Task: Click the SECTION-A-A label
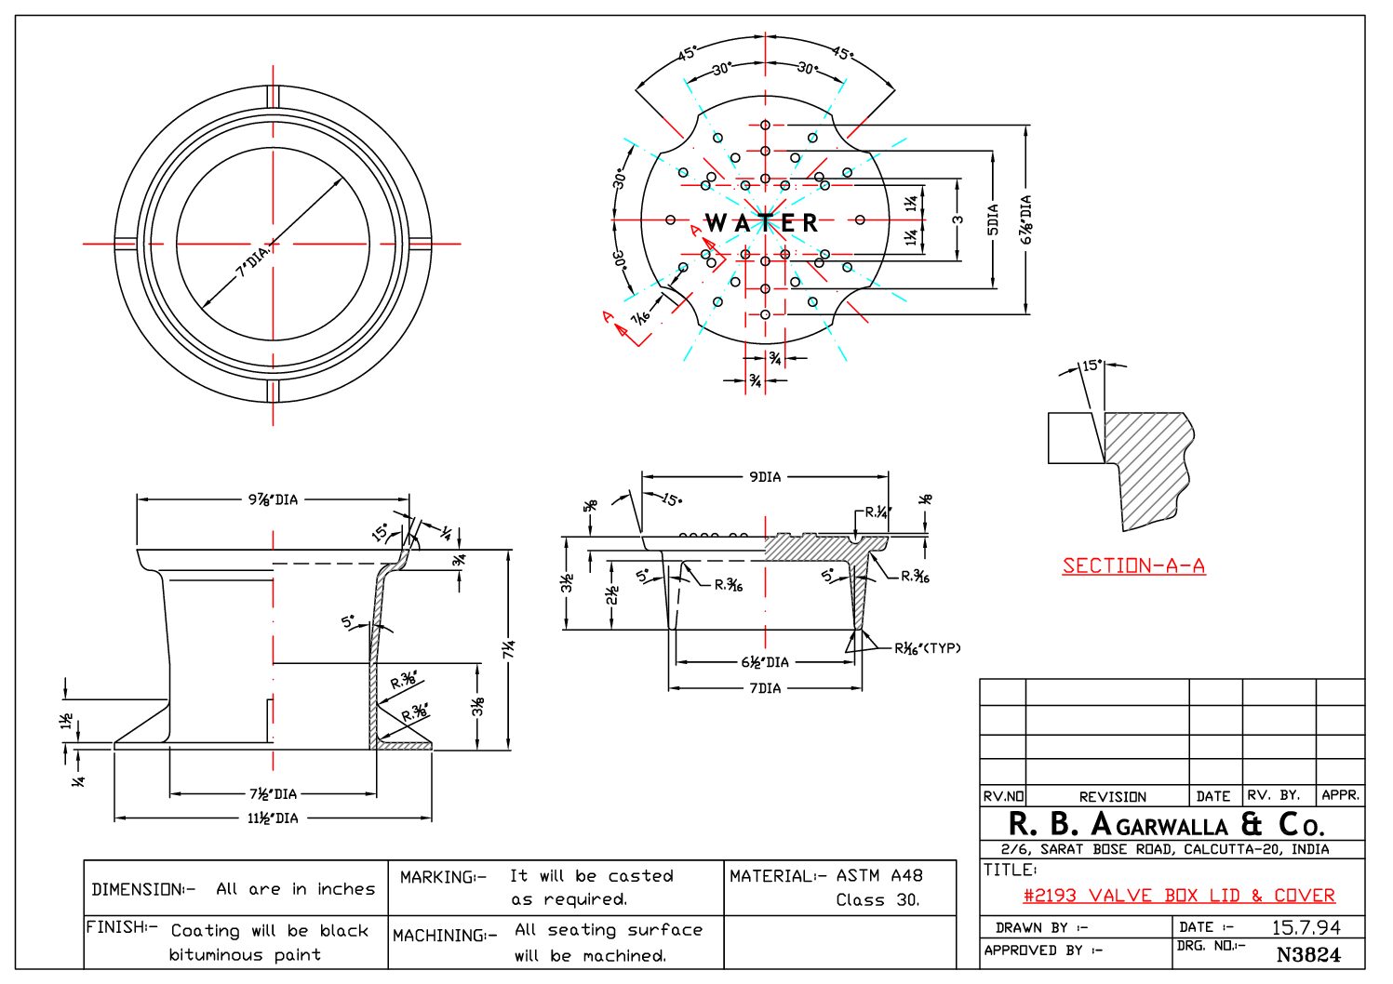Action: pos(1133,565)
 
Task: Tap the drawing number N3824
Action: pos(1308,954)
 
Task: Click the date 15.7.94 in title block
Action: pos(1306,927)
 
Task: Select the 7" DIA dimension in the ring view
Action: pos(253,262)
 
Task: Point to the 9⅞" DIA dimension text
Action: pos(273,499)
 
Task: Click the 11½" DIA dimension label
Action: pos(273,818)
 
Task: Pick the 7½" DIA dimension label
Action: pos(273,793)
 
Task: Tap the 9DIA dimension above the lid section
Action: pos(765,477)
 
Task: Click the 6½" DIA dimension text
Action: pos(765,662)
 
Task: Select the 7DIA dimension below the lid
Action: pos(765,688)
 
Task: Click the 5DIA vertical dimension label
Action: pos(993,219)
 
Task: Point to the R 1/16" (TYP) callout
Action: pos(927,648)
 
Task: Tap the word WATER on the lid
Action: pos(762,223)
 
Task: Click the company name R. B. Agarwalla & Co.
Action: pos(1166,824)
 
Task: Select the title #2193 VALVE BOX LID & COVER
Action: pos(1178,896)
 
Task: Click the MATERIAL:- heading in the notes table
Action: pos(771,876)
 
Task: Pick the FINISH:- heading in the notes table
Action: pos(121,927)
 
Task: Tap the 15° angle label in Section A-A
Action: pos(1092,366)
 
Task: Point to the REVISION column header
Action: pos(1112,797)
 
